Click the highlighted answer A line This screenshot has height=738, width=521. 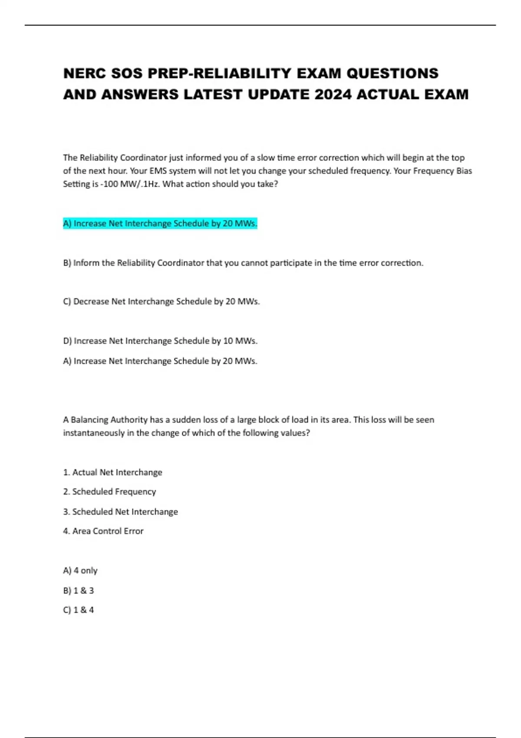click(x=160, y=224)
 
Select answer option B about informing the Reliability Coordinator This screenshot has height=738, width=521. click(x=243, y=263)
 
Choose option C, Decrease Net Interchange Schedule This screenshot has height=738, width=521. click(x=161, y=301)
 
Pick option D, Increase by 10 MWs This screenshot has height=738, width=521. click(x=160, y=341)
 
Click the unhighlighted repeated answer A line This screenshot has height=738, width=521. click(x=160, y=361)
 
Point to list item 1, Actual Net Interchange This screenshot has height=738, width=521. click(x=112, y=472)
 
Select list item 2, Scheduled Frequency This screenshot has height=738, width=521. click(x=109, y=491)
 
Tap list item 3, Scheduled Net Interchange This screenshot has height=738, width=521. click(x=120, y=511)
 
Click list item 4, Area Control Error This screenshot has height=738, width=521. click(x=103, y=531)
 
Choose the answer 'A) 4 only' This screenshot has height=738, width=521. click(x=80, y=570)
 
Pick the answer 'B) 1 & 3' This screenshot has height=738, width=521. click(x=79, y=590)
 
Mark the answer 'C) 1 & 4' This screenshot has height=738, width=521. click(x=79, y=610)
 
